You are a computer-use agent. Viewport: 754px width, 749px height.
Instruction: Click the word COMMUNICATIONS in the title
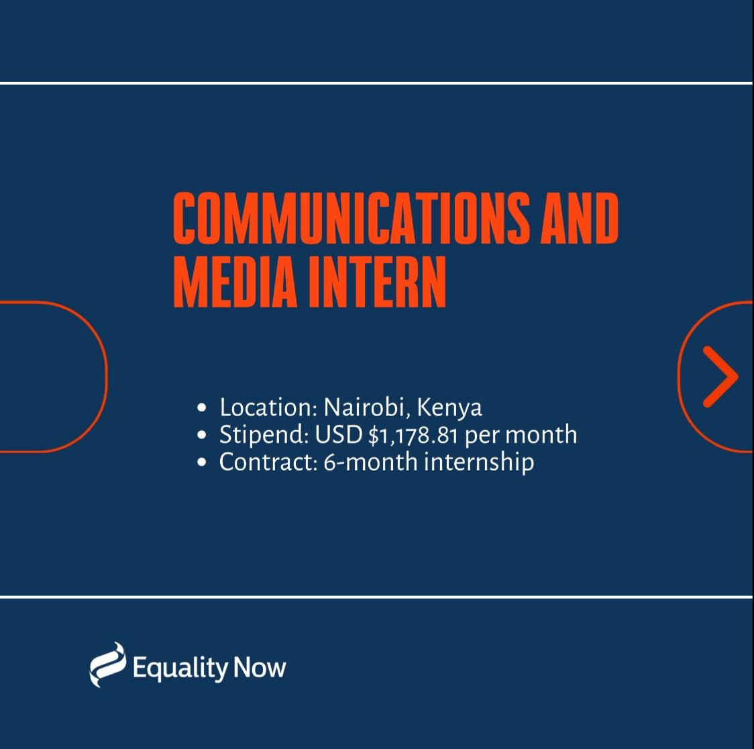tap(351, 217)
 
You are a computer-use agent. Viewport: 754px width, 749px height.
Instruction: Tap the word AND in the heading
tap(580, 217)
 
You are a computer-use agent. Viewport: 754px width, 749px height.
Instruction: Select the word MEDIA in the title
tap(235, 282)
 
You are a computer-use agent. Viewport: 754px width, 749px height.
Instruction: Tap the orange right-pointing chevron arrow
tap(720, 377)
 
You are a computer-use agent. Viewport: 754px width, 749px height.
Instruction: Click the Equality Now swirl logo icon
tap(108, 664)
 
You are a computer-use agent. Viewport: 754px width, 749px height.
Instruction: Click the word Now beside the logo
tap(260, 668)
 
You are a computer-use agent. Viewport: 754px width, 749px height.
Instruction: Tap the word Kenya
tap(449, 408)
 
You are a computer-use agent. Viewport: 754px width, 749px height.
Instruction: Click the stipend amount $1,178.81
tap(413, 435)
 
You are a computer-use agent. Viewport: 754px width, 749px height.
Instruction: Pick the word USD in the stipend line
tap(339, 434)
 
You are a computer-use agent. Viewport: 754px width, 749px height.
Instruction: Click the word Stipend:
tap(264, 435)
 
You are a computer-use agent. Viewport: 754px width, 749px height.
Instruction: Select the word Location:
tap(268, 407)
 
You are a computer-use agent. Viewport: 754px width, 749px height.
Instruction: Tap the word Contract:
tap(268, 462)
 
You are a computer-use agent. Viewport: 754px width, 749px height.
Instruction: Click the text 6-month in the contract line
tap(370, 462)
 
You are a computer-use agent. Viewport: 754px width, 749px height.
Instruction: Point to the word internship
tap(479, 462)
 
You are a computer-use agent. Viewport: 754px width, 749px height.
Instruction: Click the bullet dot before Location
tap(202, 408)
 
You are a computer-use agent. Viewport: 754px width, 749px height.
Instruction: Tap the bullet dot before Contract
tap(202, 462)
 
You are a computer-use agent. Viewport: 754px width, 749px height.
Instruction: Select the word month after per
tap(541, 434)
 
